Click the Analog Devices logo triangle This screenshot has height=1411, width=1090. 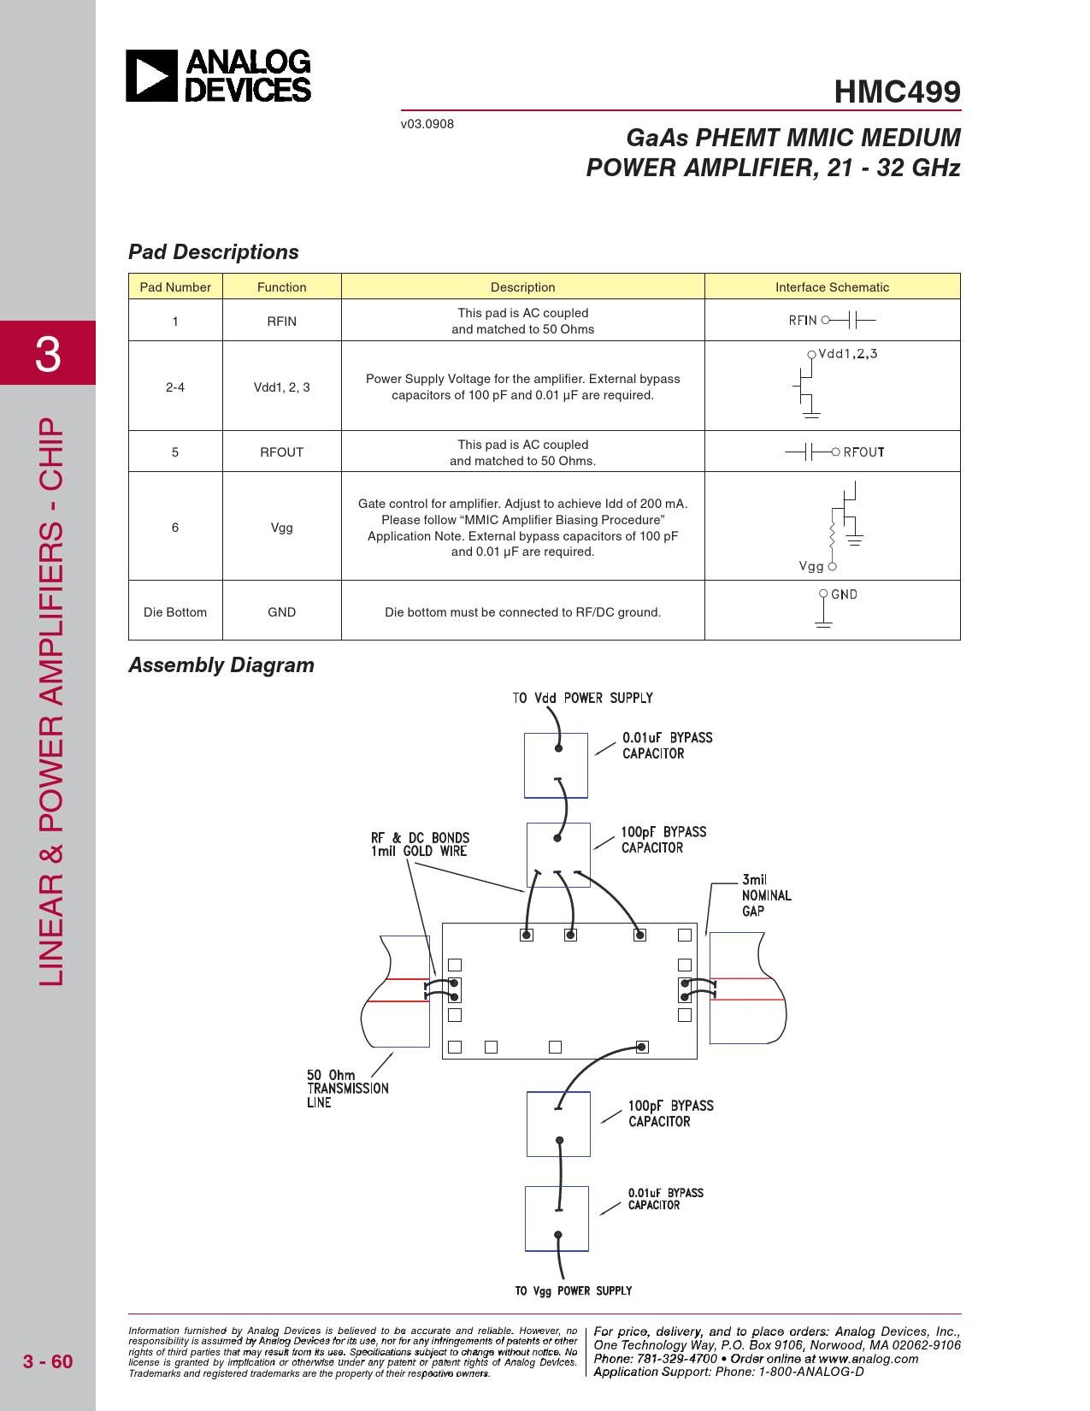tap(151, 76)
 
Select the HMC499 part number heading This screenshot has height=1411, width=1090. tap(897, 92)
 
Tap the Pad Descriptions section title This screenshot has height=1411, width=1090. tap(214, 252)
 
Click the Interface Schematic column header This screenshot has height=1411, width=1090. tap(832, 287)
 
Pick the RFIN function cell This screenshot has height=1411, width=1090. tap(281, 322)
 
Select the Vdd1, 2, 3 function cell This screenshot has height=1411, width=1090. tap(281, 387)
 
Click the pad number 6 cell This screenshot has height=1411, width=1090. tap(175, 528)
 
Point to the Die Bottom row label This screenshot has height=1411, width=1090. tap(175, 612)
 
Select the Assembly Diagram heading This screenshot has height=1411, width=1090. tap(221, 665)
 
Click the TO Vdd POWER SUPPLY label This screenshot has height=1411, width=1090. tap(582, 699)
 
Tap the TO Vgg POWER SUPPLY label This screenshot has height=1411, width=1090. tap(573, 1291)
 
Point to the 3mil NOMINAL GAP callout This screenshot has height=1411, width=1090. tap(766, 895)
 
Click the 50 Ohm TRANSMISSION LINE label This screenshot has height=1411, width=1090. tap(347, 1089)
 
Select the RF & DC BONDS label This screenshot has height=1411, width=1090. tap(420, 844)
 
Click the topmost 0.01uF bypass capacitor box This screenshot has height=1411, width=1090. tap(556, 765)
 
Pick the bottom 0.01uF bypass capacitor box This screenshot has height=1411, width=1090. tap(557, 1219)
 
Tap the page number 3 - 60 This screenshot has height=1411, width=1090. tap(48, 1361)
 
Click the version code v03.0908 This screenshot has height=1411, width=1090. tap(427, 124)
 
